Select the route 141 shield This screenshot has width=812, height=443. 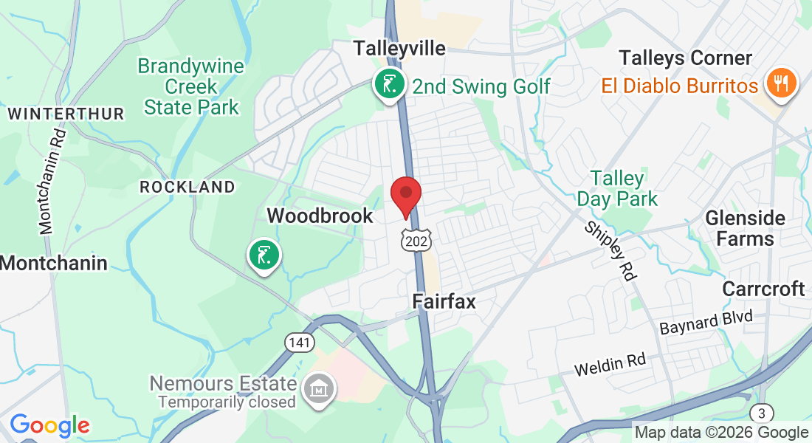(300, 343)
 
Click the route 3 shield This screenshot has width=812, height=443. (761, 413)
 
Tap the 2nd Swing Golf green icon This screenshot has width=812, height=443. (388, 84)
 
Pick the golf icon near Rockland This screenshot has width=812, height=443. (264, 255)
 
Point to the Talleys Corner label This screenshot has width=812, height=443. (686, 58)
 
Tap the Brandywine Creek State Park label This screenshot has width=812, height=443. (191, 86)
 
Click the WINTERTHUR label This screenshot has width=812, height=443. (66, 114)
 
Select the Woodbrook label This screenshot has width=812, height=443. (320, 216)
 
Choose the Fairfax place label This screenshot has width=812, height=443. (444, 301)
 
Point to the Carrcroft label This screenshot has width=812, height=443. (763, 288)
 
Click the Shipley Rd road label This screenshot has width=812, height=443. (610, 251)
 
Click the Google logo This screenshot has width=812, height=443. (49, 425)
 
